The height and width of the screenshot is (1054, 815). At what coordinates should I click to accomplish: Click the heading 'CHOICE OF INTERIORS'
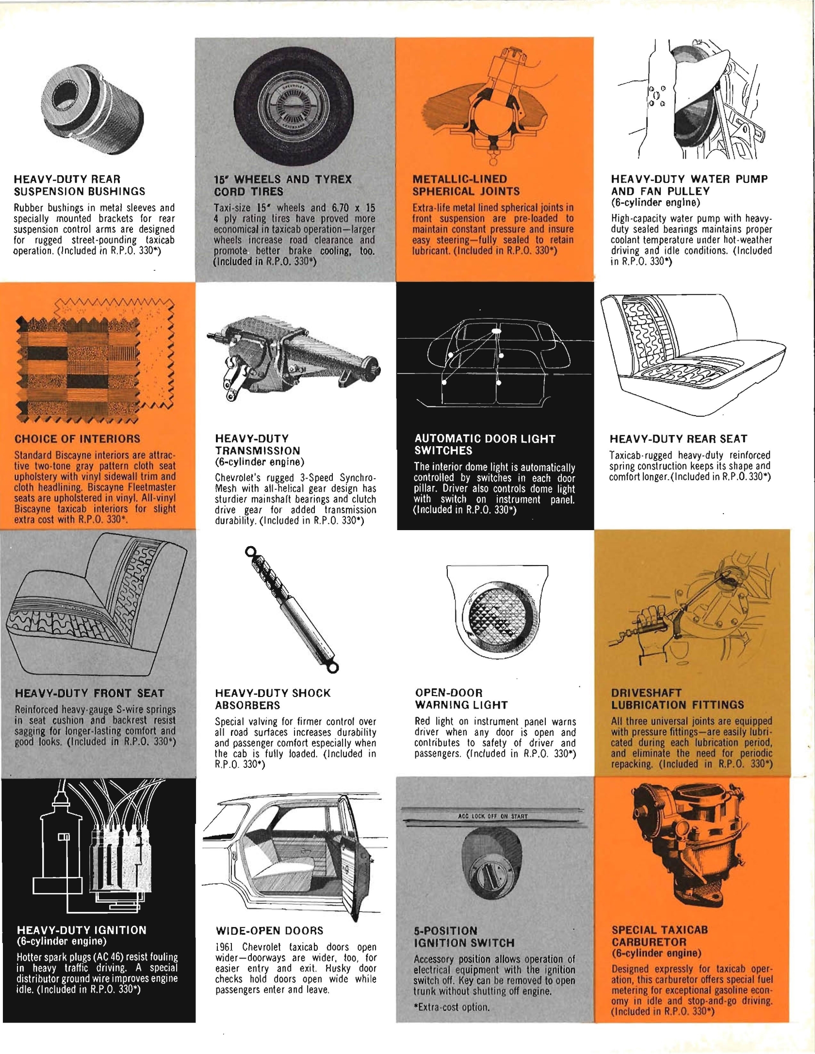pyautogui.click(x=77, y=439)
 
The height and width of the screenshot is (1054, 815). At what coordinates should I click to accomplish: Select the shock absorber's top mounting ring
pyautogui.click(x=250, y=551)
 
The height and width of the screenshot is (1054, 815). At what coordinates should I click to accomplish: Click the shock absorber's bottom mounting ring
pyautogui.click(x=332, y=668)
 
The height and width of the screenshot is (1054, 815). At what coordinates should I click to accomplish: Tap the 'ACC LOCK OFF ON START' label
pyautogui.click(x=492, y=816)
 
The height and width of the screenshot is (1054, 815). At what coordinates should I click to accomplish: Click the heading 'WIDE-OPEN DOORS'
pyautogui.click(x=269, y=930)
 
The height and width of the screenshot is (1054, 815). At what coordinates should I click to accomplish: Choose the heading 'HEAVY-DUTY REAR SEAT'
pyautogui.click(x=678, y=439)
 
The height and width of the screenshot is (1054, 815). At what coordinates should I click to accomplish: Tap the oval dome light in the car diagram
pyautogui.click(x=497, y=331)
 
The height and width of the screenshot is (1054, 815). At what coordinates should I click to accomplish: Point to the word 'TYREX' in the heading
pyautogui.click(x=333, y=179)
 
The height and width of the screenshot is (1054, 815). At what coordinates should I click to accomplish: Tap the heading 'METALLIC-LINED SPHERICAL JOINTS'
pyautogui.click(x=466, y=185)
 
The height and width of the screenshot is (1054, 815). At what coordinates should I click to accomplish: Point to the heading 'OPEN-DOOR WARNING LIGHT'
pyautogui.click(x=461, y=699)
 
